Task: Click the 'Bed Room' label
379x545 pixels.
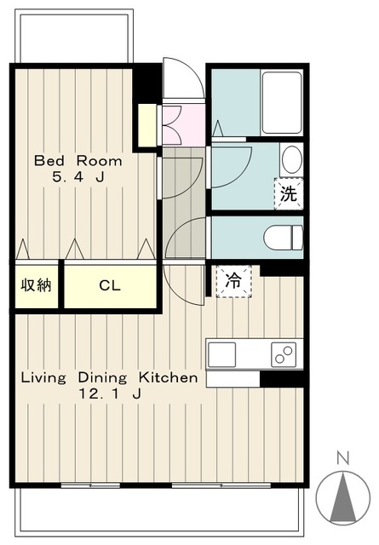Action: point(78,161)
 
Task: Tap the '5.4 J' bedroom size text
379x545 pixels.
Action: point(78,177)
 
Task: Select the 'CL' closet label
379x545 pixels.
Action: point(110,286)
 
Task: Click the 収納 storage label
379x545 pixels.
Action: point(37,285)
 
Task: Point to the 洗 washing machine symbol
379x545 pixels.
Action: point(289,194)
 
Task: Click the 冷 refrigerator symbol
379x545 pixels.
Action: point(233,281)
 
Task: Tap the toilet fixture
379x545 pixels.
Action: point(283,238)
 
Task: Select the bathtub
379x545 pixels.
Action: point(282,102)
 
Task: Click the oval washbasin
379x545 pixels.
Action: point(291,161)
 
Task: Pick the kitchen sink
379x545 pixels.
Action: point(221,354)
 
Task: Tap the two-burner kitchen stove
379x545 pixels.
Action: point(284,354)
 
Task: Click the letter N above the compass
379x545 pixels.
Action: point(343,459)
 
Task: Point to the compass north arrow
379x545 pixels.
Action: point(343,497)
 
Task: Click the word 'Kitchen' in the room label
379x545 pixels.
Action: point(169,377)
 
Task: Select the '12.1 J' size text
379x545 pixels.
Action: point(110,393)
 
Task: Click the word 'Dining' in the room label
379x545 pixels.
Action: point(102,378)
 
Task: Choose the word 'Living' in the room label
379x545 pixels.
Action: point(43,378)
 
